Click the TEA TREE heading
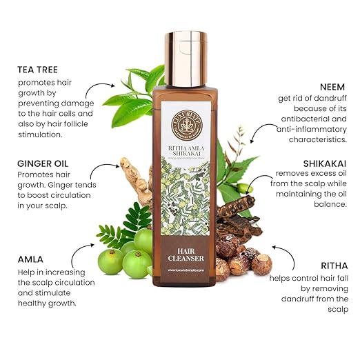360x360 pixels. pyautogui.click(x=39, y=70)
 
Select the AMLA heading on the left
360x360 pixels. pyautogui.click(x=32, y=259)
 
